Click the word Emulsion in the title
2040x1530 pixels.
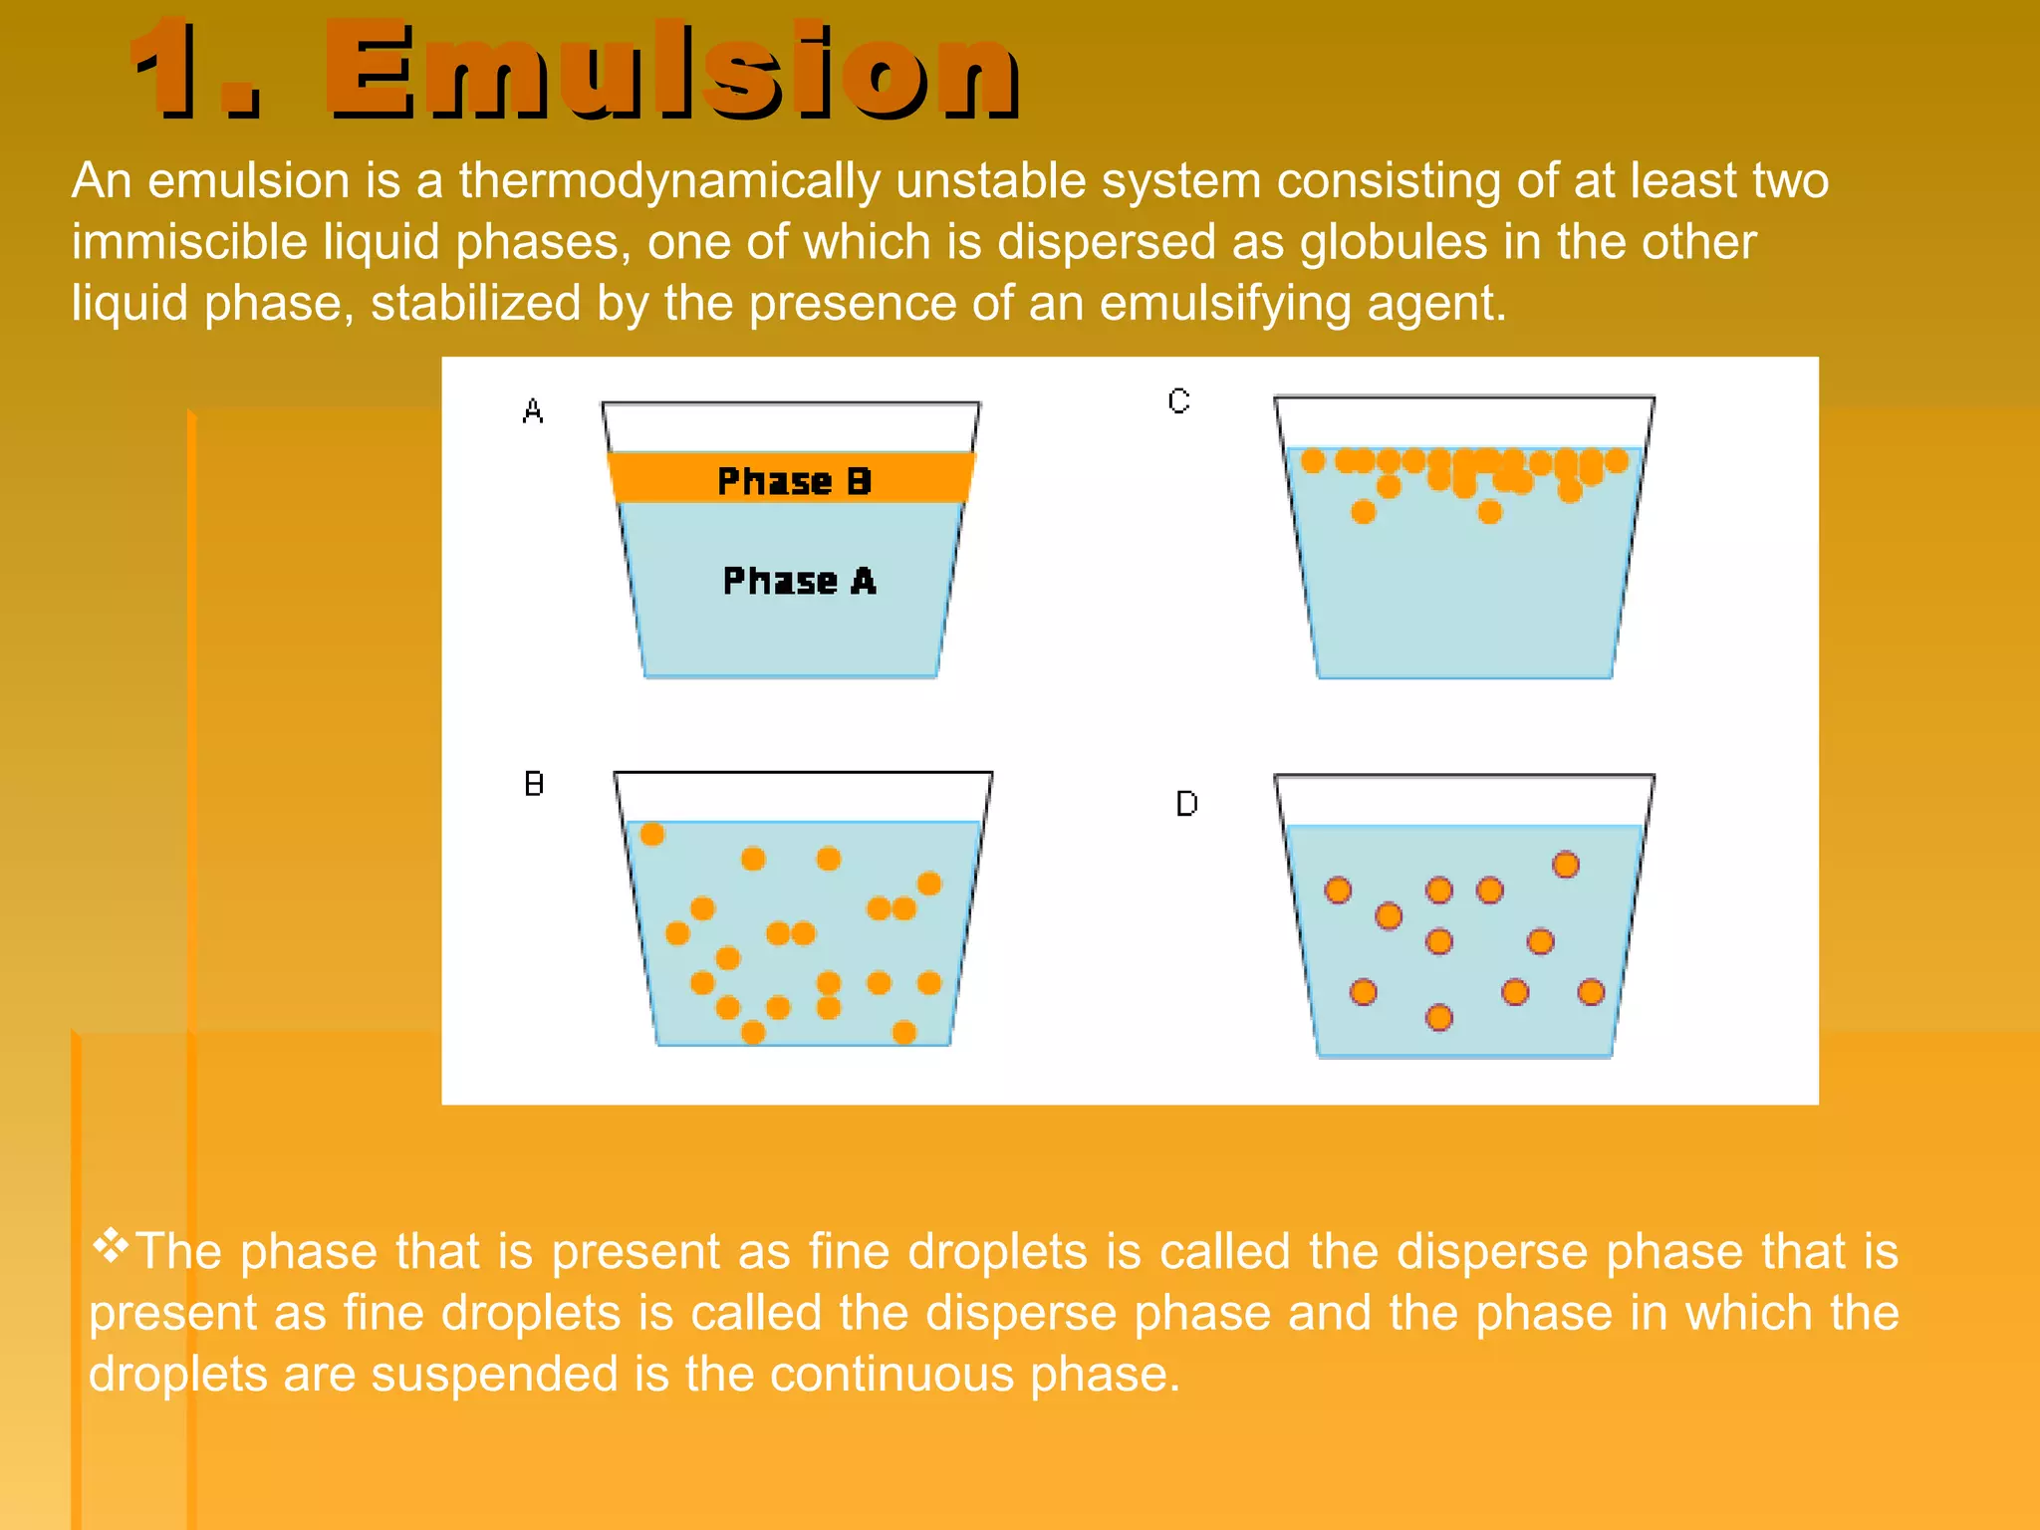(672, 72)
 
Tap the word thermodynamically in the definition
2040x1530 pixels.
(669, 182)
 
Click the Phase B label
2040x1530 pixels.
(794, 481)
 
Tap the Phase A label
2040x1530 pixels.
(799, 581)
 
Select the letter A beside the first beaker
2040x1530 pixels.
(533, 411)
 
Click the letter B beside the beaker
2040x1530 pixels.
(534, 784)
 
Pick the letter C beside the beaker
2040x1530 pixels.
(1179, 401)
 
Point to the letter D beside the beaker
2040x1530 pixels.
(1186, 804)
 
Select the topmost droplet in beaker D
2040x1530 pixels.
(1566, 865)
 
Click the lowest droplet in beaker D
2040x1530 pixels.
(1439, 1017)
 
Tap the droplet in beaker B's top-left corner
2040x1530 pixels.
(652, 834)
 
